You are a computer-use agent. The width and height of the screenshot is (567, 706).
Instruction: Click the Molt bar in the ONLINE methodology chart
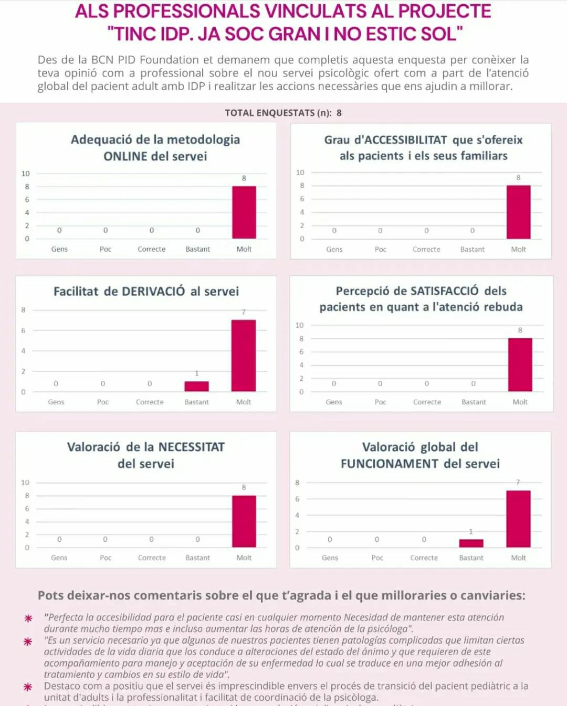[244, 212]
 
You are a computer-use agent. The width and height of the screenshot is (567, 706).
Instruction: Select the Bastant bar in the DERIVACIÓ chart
[196, 386]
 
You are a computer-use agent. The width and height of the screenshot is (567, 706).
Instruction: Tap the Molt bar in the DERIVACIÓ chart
[244, 356]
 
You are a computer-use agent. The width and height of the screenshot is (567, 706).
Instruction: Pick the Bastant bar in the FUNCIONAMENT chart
[471, 543]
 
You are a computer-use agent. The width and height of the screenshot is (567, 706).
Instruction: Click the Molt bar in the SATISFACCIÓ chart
[520, 365]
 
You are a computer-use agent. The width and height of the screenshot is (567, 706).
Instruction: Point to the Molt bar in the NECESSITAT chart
[244, 521]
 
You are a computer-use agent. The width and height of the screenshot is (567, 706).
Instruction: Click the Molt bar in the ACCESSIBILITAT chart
[518, 212]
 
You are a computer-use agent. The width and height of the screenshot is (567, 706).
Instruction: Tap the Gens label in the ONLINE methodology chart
[59, 249]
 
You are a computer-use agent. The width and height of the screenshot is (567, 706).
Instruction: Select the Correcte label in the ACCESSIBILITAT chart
[426, 249]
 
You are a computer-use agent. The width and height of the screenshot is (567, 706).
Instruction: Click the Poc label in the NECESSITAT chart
[106, 558]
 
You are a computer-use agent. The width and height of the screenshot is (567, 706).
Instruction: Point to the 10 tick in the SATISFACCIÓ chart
[299, 325]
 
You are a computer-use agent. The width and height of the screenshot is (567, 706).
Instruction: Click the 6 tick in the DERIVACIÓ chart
[23, 330]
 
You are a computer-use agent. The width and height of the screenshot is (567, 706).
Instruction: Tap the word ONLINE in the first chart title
[125, 156]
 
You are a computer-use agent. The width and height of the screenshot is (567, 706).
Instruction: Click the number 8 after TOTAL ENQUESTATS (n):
[339, 113]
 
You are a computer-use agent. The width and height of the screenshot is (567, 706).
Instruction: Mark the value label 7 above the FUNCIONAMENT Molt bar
[518, 482]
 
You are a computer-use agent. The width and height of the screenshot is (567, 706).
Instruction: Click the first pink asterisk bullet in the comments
[28, 618]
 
